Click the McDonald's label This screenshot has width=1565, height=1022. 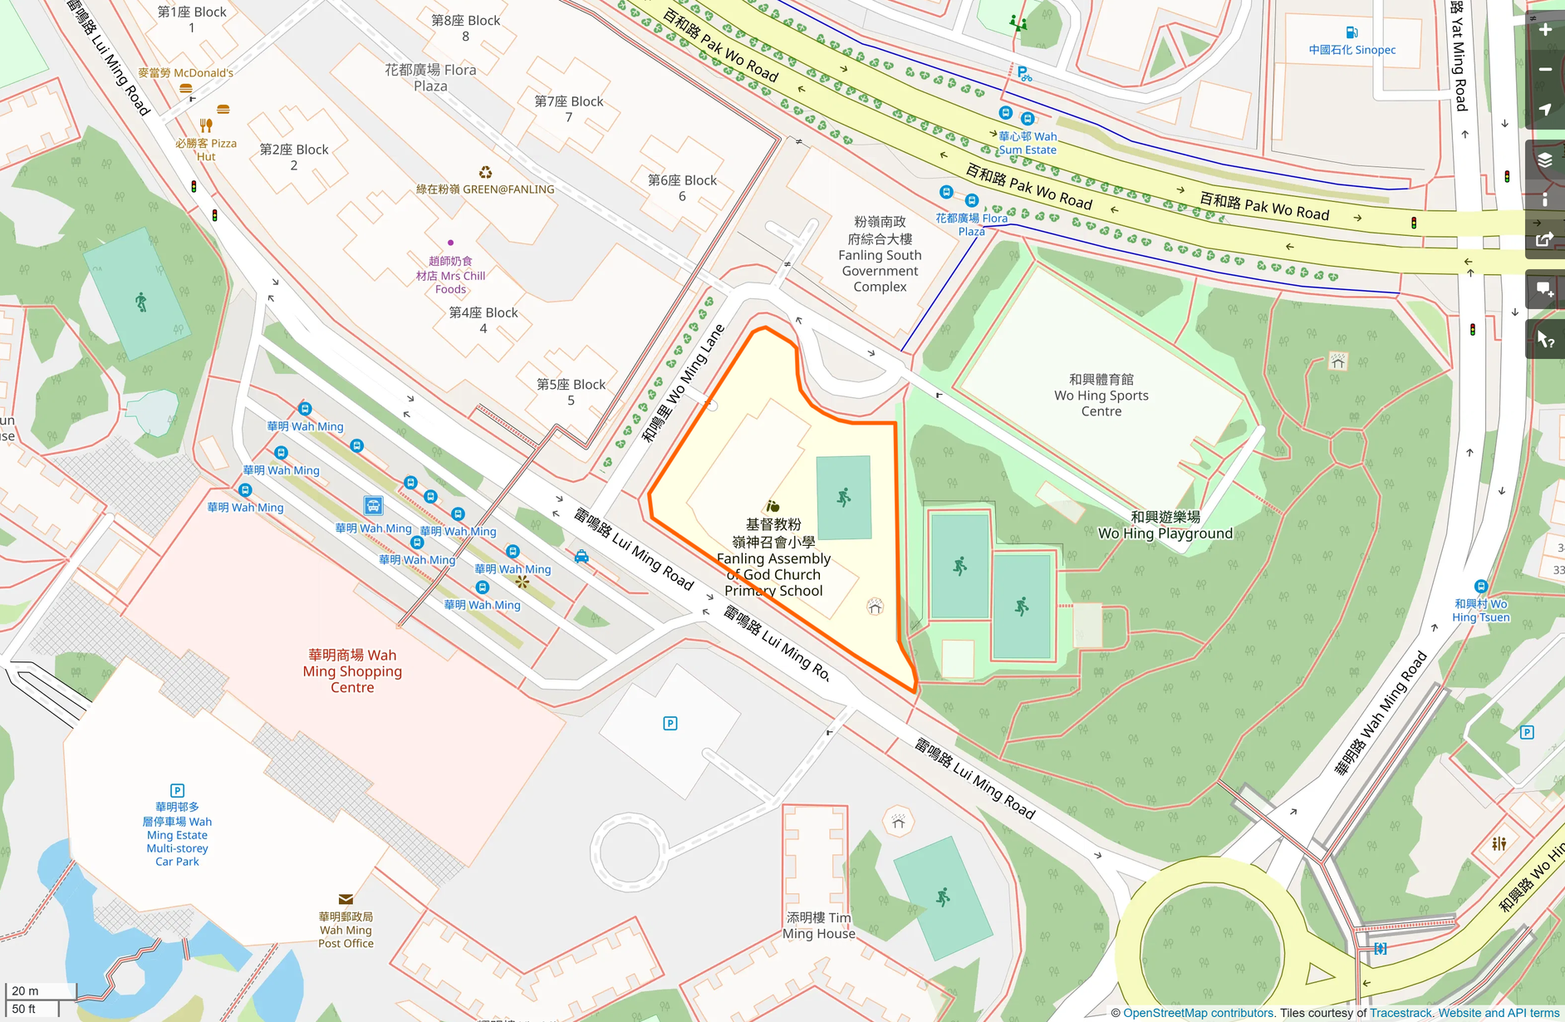tap(185, 73)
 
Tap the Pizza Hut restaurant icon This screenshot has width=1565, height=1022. tap(206, 125)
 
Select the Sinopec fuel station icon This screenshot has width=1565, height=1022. tap(1352, 32)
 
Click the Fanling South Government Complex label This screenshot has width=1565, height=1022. tap(880, 254)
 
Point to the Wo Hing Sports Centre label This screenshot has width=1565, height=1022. tap(1101, 396)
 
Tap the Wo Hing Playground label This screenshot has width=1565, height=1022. tap(1165, 525)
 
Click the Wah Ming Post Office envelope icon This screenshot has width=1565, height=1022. tap(346, 899)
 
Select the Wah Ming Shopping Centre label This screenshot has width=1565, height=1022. tap(352, 671)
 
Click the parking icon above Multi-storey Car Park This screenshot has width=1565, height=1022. tap(177, 790)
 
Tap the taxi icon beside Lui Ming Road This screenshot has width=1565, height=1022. tap(581, 557)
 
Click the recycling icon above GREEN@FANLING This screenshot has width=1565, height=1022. tap(485, 173)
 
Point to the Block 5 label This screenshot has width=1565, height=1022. tap(571, 392)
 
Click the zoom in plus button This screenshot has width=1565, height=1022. tap(1545, 30)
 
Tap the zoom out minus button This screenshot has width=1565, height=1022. tap(1545, 70)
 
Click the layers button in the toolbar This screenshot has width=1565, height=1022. tap(1545, 160)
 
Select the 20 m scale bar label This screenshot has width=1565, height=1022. tap(25, 990)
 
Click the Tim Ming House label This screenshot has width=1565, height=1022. tap(818, 926)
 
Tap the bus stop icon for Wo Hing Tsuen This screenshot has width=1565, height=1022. tap(1480, 586)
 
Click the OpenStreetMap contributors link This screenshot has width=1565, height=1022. tap(1198, 1013)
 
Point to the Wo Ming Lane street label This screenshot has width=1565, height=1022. tap(684, 383)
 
